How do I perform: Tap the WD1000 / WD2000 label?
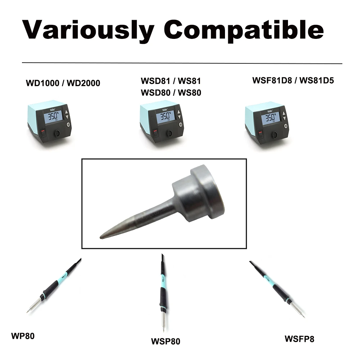[x=63, y=84]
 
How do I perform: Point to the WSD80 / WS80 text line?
[x=171, y=93]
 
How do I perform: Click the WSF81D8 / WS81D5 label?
[x=293, y=81]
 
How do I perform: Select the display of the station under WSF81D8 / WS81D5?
[x=270, y=118]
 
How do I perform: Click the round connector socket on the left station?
[x=57, y=134]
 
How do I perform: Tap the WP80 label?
[x=23, y=337]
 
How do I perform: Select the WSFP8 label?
[x=299, y=339]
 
